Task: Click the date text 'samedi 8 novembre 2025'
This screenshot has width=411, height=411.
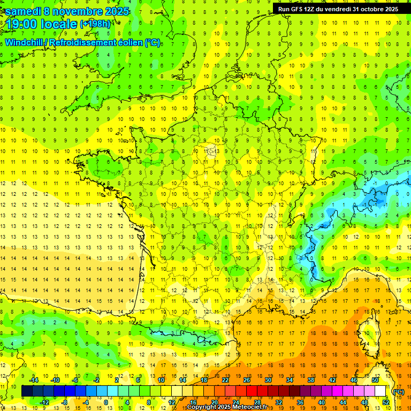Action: (67, 11)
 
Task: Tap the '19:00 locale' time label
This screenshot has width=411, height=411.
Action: (42, 24)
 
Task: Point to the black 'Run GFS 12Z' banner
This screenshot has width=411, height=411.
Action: (338, 9)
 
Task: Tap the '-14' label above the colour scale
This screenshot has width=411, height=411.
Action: (34, 379)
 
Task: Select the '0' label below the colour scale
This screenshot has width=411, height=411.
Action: (105, 402)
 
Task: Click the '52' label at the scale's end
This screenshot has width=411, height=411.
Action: (385, 402)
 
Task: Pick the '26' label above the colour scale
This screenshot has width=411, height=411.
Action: (247, 379)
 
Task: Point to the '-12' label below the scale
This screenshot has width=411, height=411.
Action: (45, 402)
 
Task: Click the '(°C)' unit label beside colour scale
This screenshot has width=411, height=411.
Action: (398, 391)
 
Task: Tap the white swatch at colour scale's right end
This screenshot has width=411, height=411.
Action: (380, 391)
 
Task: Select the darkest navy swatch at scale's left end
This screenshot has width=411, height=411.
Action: (27, 391)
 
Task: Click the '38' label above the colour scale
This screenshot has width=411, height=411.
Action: (310, 379)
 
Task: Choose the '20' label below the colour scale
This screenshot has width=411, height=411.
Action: (215, 402)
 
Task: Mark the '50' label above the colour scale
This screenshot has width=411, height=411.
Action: (375, 379)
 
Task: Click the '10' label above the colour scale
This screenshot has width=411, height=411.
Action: (161, 379)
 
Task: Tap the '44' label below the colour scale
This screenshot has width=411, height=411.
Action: (342, 402)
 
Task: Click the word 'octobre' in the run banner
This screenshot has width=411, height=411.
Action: (372, 9)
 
